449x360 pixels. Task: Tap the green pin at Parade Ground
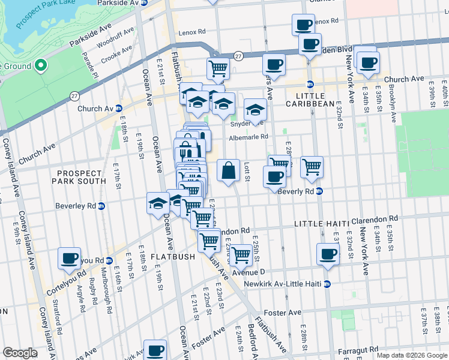(x=41, y=65)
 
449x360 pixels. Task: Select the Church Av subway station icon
(x=119, y=109)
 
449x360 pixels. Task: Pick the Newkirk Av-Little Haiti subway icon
(x=327, y=283)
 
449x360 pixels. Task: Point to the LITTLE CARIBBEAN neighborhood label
(x=310, y=100)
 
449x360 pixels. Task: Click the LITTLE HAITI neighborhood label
(x=321, y=224)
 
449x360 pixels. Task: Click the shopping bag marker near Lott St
(x=228, y=171)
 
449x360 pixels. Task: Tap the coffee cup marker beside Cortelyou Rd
(x=69, y=258)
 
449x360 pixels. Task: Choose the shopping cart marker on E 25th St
(x=241, y=254)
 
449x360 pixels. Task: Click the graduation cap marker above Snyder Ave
(x=255, y=110)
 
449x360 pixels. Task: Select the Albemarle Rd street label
(x=248, y=137)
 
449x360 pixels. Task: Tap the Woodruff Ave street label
(x=111, y=43)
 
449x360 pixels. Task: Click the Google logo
(x=20, y=353)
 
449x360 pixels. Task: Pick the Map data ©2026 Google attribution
(x=412, y=355)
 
